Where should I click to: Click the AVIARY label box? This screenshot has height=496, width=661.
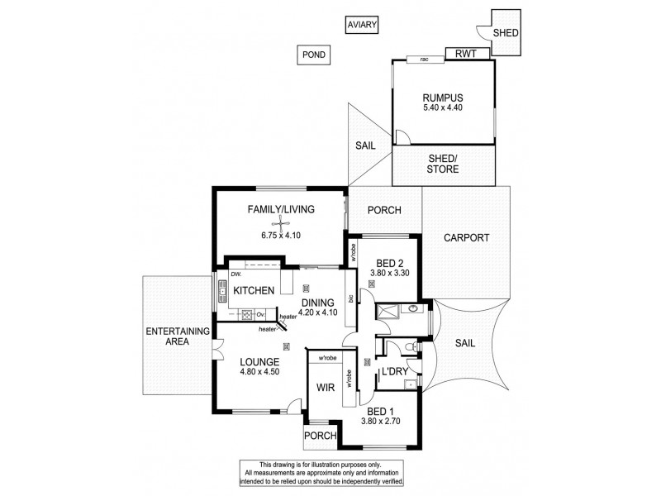coord(361,26)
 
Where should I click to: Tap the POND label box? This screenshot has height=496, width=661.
coord(313,55)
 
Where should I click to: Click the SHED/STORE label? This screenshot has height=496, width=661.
coord(444,164)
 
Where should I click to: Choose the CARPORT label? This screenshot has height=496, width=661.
coord(467,237)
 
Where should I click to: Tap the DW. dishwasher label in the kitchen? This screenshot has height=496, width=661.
coord(235,274)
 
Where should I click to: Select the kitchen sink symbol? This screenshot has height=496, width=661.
coord(222,290)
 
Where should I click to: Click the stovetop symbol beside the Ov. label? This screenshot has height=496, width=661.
coord(245,313)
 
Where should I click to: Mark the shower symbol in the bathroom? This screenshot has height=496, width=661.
coord(388,311)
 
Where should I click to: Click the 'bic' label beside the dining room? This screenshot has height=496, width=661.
coord(351,298)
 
